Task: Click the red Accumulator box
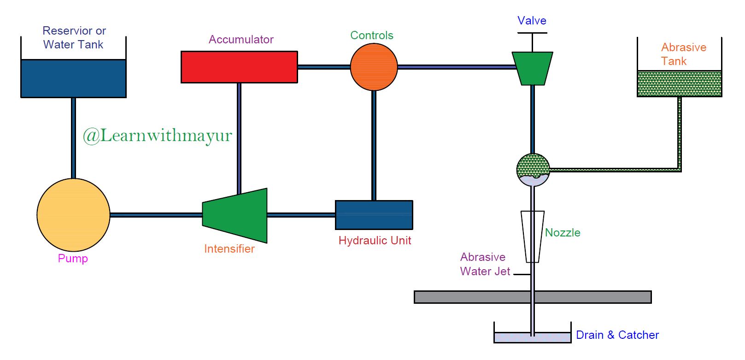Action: (239, 67)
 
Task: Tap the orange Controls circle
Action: (374, 67)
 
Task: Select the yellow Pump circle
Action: (73, 215)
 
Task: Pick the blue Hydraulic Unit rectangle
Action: (374, 215)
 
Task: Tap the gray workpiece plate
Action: (470, 297)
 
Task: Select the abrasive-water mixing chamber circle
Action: (533, 170)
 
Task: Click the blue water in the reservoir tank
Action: (73, 78)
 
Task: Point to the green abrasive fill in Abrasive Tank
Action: (679, 84)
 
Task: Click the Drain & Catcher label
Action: (617, 335)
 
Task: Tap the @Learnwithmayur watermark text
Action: (157, 136)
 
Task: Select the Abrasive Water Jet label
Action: (484, 264)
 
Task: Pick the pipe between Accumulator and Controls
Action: (323, 67)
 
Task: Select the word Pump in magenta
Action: (73, 259)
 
